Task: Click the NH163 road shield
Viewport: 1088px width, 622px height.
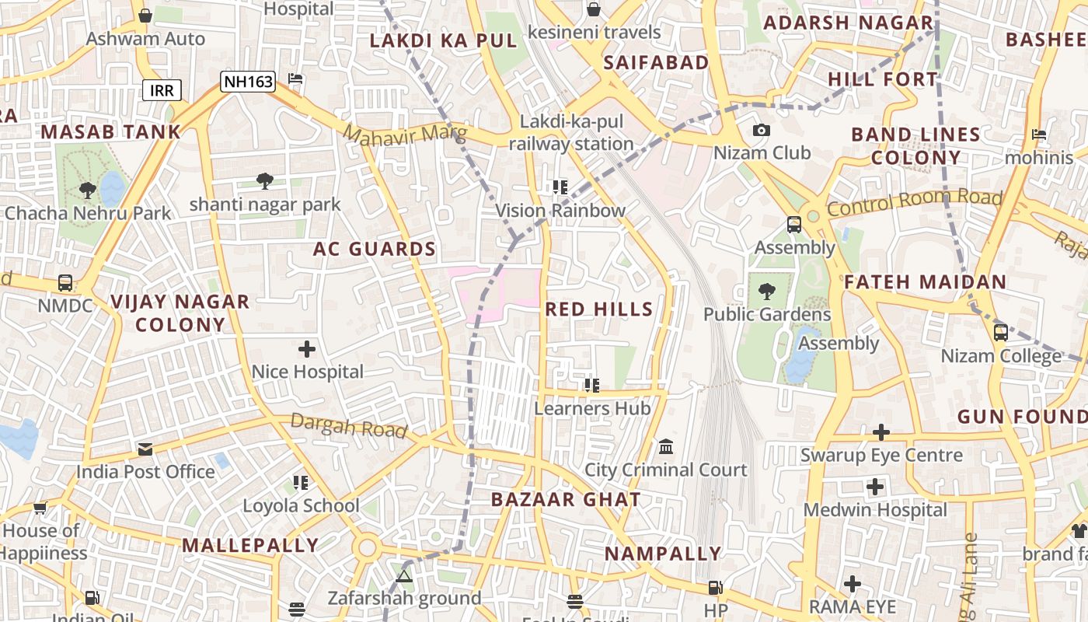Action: coord(247,81)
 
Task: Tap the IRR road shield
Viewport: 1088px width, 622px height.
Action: coord(162,90)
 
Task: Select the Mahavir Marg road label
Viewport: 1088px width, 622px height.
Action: coord(405,136)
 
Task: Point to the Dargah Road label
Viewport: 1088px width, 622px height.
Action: coord(348,425)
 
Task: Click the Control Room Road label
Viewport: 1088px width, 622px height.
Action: coord(914,202)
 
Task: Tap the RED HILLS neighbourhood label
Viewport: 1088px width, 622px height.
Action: coord(598,309)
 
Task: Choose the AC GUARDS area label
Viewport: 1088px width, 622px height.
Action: coord(374,250)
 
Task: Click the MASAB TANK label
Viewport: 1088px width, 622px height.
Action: coord(110,132)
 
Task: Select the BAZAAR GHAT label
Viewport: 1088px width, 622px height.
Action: coord(566,500)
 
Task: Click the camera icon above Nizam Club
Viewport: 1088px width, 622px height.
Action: coord(762,130)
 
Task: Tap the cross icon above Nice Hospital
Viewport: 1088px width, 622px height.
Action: coord(307,349)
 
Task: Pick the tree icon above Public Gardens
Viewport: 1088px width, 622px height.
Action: coord(766,292)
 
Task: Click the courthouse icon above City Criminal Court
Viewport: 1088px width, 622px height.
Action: coord(666,447)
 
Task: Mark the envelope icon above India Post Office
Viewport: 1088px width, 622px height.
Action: coord(145,449)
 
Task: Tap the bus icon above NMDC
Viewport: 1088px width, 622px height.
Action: coord(65,283)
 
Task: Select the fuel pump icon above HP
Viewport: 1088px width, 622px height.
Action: coord(715,588)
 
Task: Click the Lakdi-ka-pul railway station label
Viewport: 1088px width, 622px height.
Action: coord(571,133)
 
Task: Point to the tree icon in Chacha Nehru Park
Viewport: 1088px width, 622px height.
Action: coord(87,190)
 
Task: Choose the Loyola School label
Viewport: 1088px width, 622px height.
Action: coord(301,506)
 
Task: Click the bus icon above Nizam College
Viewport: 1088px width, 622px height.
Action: coord(1001,333)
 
